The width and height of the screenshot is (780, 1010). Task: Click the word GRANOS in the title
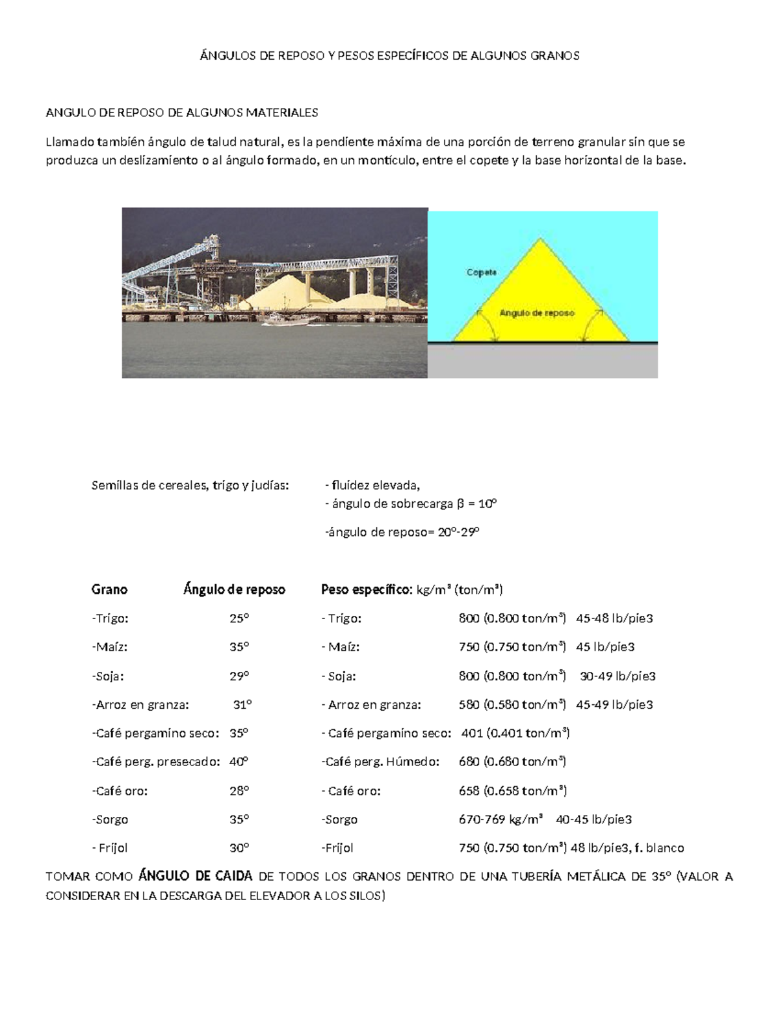[554, 56]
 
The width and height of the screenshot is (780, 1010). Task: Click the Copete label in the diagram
[482, 272]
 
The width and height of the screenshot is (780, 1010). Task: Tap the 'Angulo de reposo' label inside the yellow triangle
[537, 313]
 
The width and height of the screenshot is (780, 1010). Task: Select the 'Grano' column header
[109, 590]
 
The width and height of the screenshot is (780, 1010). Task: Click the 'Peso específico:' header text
[367, 590]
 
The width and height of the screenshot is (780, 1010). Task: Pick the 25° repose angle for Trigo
[239, 618]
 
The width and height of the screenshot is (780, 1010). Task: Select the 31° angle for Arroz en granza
[242, 704]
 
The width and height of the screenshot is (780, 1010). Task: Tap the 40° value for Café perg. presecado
[239, 762]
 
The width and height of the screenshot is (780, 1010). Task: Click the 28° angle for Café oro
[239, 791]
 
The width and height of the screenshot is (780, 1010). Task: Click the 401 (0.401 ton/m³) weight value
[515, 733]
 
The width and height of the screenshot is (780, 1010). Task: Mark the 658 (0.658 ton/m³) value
[513, 791]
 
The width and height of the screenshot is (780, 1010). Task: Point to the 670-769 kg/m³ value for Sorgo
[500, 819]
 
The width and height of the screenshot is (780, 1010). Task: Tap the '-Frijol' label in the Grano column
[110, 848]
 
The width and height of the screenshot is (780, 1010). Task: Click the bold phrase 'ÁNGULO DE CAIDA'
[196, 876]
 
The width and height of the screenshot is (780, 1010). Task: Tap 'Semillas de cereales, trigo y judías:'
[190, 485]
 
